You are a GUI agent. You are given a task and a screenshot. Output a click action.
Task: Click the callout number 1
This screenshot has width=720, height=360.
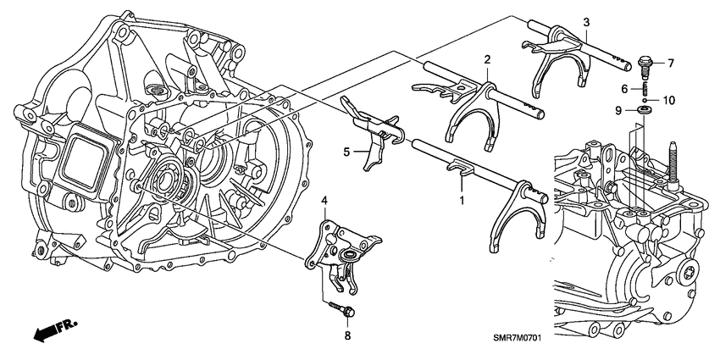[461, 202]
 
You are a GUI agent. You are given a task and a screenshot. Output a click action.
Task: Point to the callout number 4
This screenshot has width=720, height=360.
[324, 201]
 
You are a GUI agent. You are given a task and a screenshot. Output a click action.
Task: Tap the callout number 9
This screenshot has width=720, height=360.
[618, 110]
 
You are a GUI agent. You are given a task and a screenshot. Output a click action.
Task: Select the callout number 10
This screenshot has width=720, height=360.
[669, 100]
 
